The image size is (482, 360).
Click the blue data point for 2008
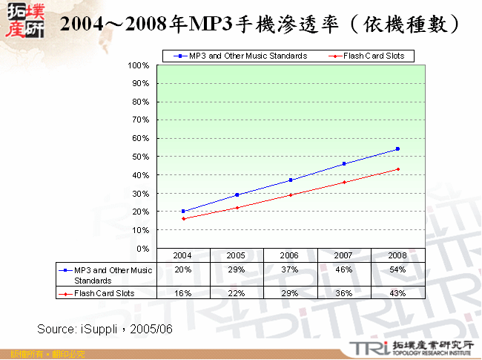coord(397,149)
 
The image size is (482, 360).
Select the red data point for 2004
coord(183,218)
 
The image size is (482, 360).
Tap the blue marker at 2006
coord(291,180)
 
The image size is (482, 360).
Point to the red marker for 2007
coord(344,182)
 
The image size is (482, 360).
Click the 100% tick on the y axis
coord(139,65)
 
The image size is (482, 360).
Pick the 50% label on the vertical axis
coord(141,157)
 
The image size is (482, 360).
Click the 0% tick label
coord(143,248)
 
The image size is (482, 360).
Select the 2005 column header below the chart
coord(237,255)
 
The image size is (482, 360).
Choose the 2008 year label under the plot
coord(397,255)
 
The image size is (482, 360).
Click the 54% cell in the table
coord(397,269)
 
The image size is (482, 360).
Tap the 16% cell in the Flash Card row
coord(183,293)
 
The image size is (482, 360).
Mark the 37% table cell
coord(290,269)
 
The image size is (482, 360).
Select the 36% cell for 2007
coord(344,293)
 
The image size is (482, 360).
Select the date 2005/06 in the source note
coord(151,327)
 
